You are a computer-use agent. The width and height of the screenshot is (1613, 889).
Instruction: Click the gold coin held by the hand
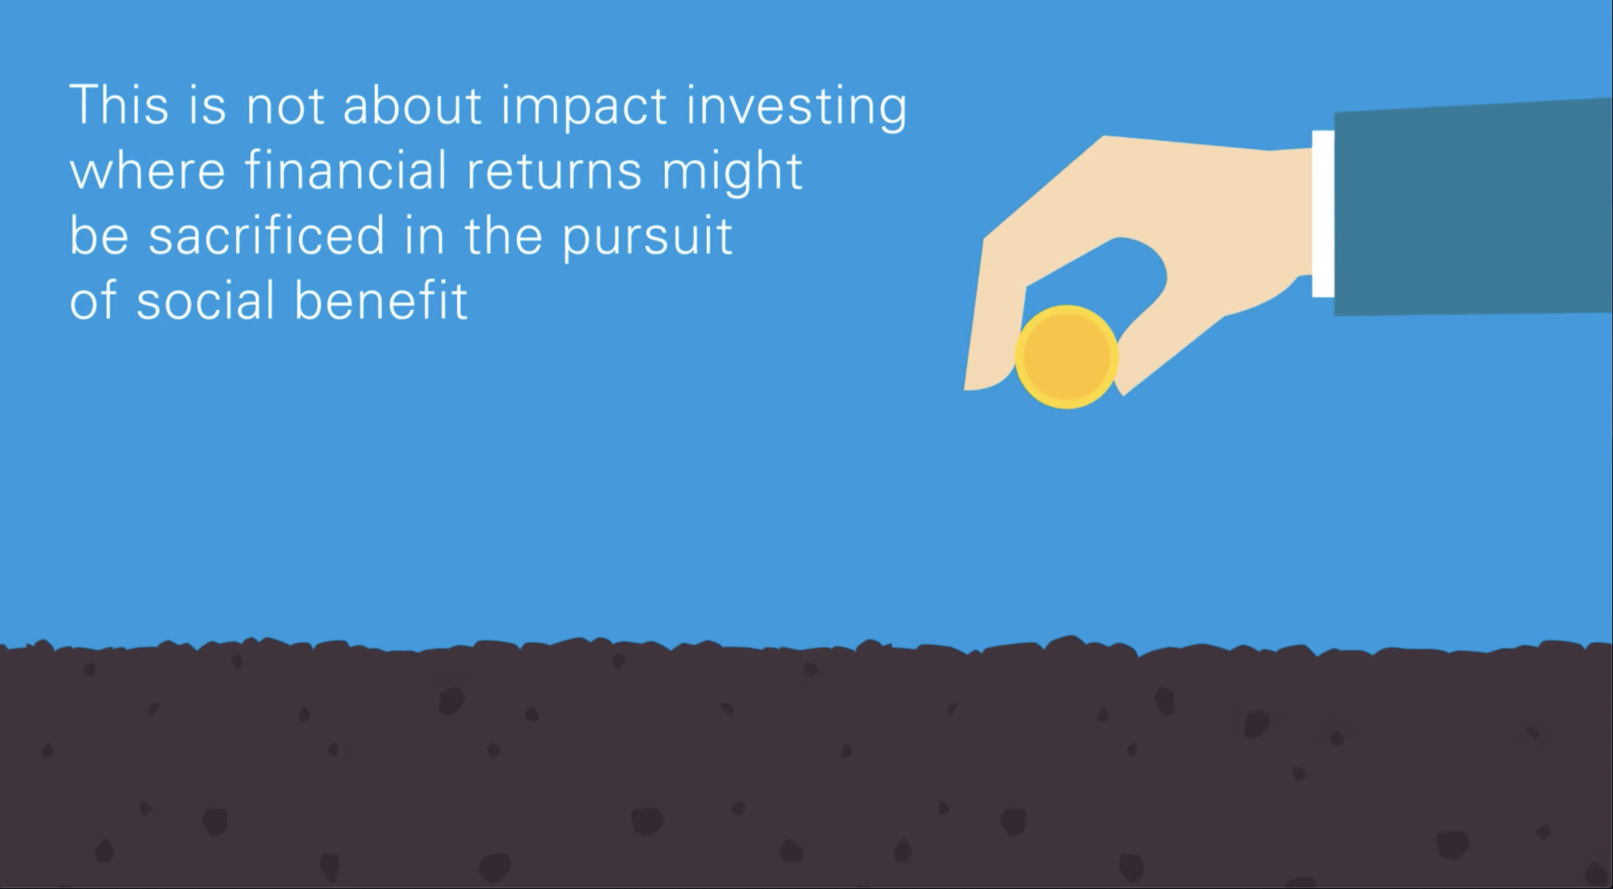click(1066, 357)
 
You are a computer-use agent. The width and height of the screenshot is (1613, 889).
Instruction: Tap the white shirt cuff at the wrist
click(1323, 214)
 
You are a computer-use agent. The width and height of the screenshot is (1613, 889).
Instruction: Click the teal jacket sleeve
click(1473, 207)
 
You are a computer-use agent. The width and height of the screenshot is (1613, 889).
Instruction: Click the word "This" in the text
click(119, 105)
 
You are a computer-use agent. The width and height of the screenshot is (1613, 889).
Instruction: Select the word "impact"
click(584, 106)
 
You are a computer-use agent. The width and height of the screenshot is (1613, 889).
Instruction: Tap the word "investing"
click(796, 106)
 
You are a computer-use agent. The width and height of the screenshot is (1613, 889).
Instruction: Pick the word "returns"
click(554, 172)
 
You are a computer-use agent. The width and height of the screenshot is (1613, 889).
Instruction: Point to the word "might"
click(731, 171)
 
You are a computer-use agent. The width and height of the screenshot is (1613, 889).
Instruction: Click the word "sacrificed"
click(267, 235)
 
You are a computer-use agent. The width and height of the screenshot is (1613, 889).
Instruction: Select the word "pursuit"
click(647, 236)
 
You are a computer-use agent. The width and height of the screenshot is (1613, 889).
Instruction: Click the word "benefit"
click(381, 299)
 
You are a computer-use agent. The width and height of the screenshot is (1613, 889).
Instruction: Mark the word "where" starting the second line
click(148, 171)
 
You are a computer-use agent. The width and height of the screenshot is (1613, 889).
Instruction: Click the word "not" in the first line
click(285, 107)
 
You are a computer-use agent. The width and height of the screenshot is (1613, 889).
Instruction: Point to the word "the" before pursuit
click(503, 235)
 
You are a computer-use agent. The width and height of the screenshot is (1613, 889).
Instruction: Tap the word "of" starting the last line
click(94, 299)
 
